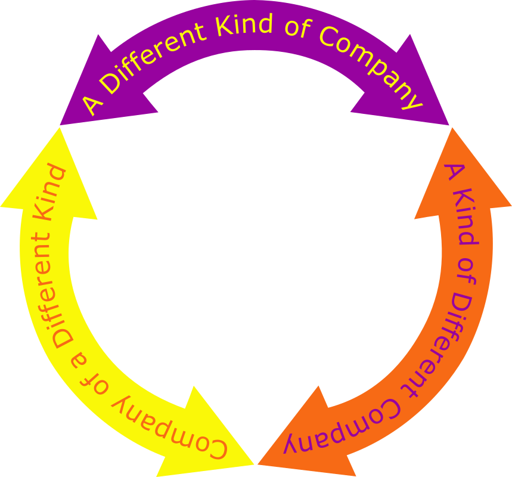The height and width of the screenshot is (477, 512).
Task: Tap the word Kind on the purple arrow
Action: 244,25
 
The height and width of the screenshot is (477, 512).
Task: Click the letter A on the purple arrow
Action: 92,104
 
